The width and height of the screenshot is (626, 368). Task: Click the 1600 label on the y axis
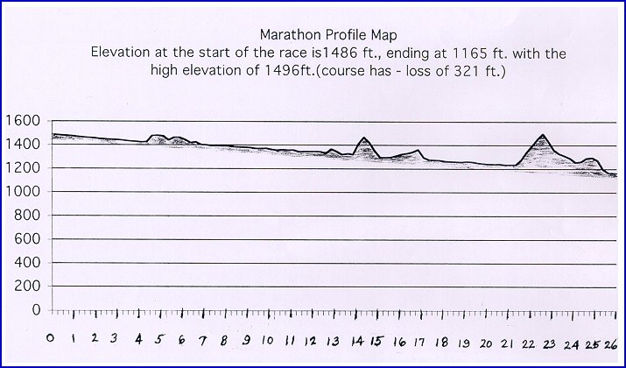coord(22,121)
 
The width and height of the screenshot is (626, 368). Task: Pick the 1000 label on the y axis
coord(22,192)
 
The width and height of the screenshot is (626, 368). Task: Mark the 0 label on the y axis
coord(35,310)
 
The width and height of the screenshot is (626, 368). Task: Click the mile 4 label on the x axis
coord(139,339)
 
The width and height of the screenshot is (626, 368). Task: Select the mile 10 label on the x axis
coord(266,341)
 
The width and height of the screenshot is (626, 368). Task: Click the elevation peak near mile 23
coord(544,136)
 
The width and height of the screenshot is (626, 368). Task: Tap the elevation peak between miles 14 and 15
coord(364,138)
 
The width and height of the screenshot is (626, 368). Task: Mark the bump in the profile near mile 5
coord(158,136)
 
